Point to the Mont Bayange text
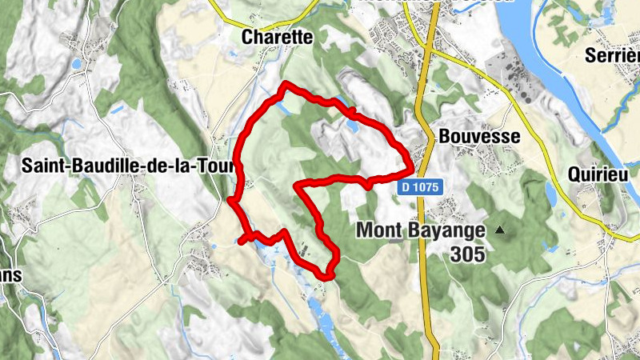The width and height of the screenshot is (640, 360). point(420,230)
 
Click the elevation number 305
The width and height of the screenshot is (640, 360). point(467,254)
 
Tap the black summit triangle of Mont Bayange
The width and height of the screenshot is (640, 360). point(501,230)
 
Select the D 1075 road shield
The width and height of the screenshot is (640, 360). point(418,186)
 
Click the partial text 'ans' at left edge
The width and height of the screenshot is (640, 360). point(10,274)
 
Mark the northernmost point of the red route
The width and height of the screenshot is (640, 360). point(286,84)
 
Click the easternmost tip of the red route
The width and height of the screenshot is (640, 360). point(411,168)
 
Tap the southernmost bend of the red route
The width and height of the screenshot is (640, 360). point(326,277)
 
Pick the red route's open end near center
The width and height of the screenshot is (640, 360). point(298,186)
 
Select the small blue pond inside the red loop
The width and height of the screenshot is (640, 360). point(353,126)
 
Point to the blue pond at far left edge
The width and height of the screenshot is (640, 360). point(76,63)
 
